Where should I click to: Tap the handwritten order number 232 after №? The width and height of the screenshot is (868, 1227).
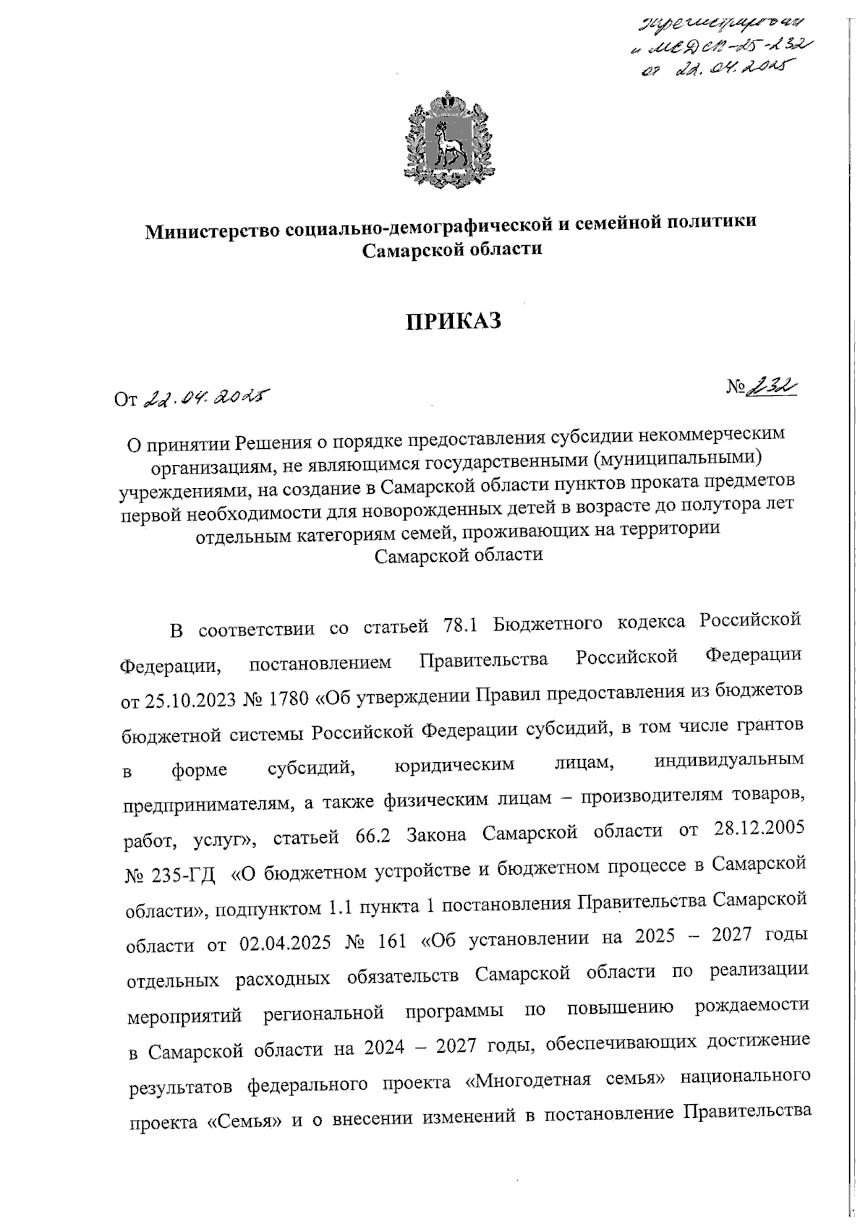(x=775, y=388)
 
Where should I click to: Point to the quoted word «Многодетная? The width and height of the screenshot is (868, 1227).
(x=517, y=1082)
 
